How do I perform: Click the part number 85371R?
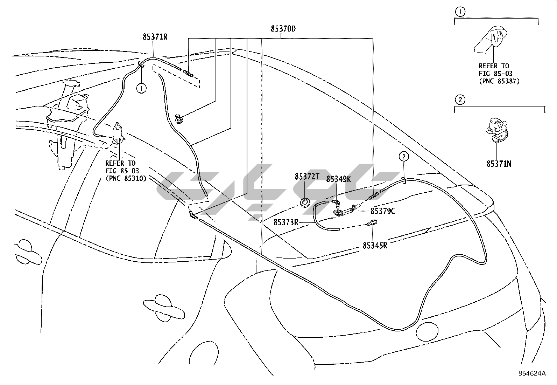point(155,36)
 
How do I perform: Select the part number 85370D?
point(283,29)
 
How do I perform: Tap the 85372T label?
point(306,177)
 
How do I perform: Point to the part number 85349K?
point(338,179)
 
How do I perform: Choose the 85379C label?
point(383,211)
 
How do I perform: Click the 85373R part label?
point(285,222)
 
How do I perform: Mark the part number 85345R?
point(375,245)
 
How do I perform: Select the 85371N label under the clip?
point(499,164)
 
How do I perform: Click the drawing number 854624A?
point(532,373)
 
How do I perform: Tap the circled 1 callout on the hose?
point(142,88)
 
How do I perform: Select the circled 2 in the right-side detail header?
point(460,100)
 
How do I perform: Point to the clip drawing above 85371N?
point(496,130)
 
